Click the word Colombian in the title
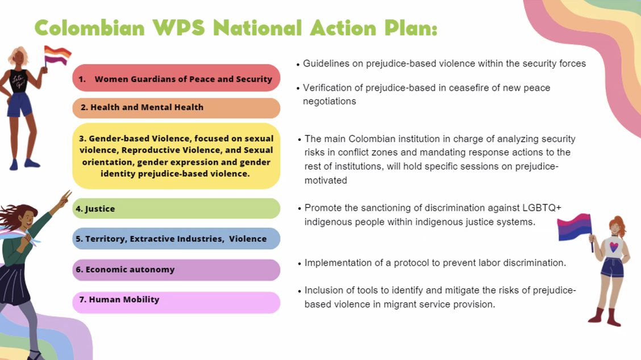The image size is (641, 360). (90, 28)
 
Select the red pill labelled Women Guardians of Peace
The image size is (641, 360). (176, 78)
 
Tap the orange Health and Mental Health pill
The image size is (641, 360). (176, 108)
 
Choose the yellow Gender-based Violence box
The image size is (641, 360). (176, 156)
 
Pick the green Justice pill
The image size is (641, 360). (176, 208)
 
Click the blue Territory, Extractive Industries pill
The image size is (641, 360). (176, 238)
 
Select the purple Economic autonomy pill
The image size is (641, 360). (176, 270)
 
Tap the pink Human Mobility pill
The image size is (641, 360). (176, 303)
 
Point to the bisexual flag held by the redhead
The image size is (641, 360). (575, 227)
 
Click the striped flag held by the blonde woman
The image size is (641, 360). (57, 56)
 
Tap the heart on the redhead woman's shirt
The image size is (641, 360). (614, 247)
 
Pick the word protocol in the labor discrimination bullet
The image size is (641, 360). (410, 263)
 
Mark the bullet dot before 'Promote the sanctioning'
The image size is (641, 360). (300, 209)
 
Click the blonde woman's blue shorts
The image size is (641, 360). (19, 104)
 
